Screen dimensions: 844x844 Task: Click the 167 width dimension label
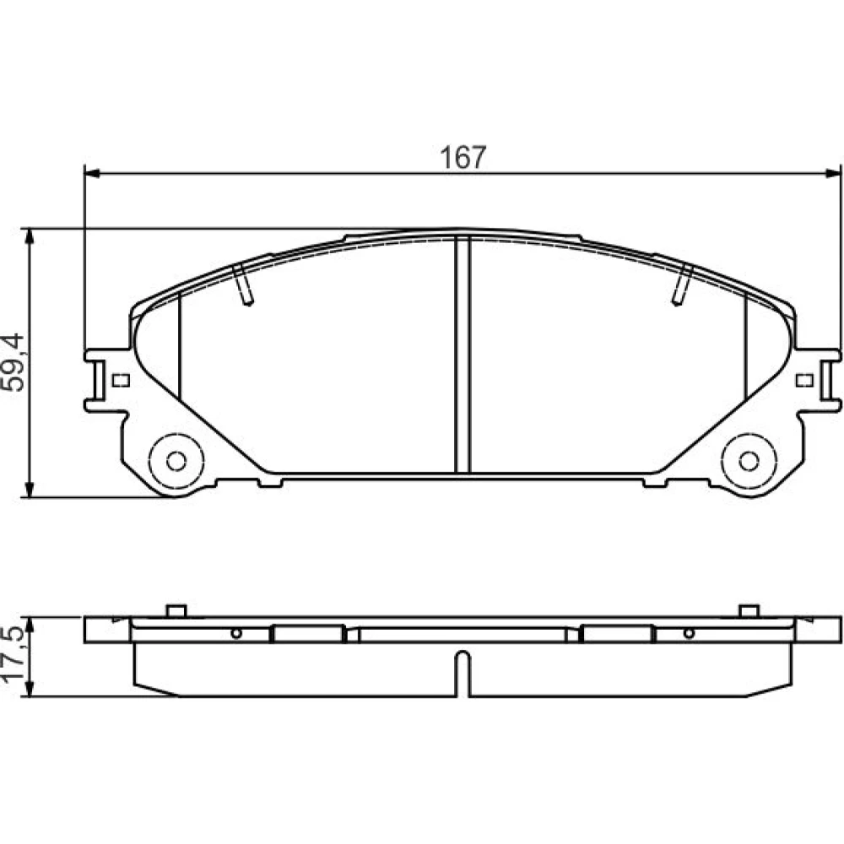(x=463, y=157)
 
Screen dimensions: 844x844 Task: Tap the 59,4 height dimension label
(x=14, y=362)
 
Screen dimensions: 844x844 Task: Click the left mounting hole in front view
(x=176, y=462)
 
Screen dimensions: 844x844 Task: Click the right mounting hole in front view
(x=749, y=462)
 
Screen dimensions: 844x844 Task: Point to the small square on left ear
(x=121, y=381)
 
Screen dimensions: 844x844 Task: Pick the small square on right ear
(x=804, y=381)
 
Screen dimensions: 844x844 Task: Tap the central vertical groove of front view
(x=463, y=355)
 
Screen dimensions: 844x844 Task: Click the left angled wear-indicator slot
(x=243, y=284)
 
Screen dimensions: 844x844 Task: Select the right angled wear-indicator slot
(x=682, y=284)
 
